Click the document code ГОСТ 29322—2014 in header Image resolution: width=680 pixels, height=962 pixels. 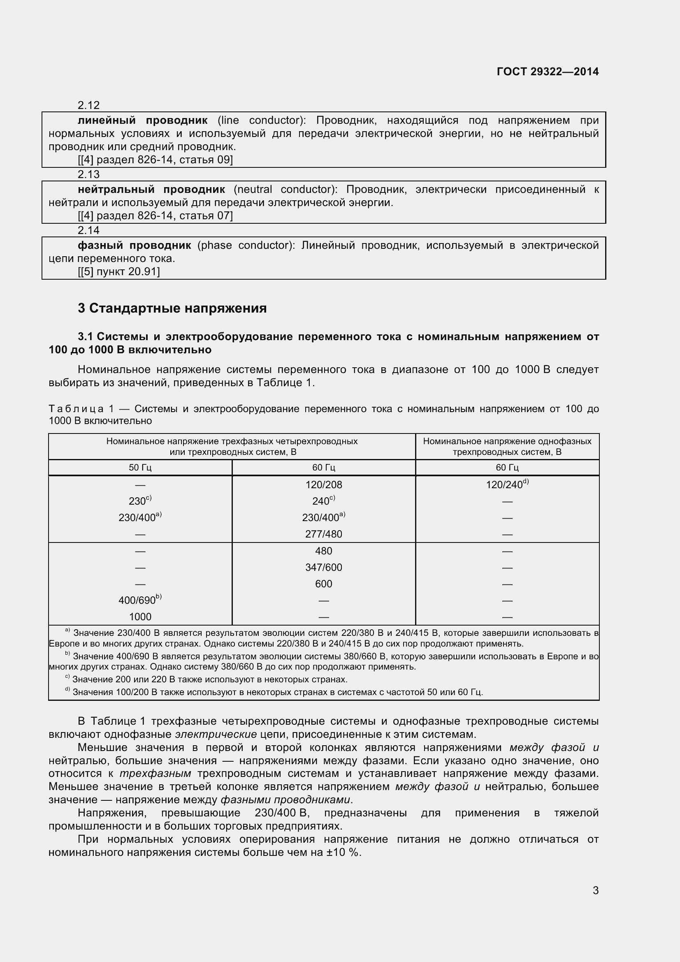pyautogui.click(x=547, y=72)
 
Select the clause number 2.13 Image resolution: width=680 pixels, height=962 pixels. pyautogui.click(x=88, y=174)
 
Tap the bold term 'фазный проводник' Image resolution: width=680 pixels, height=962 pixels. pyautogui.click(x=135, y=245)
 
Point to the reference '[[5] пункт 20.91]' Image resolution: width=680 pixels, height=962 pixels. pyautogui.click(x=119, y=271)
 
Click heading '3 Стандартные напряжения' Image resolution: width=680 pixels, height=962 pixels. pyautogui.click(x=172, y=308)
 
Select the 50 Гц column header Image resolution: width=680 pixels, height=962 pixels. pyautogui.click(x=140, y=468)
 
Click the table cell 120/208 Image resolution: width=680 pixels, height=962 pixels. pyautogui.click(x=323, y=485)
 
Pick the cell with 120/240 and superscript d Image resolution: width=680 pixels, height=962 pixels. pyautogui.click(x=507, y=484)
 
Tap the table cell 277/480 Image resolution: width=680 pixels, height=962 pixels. pyautogui.click(x=323, y=534)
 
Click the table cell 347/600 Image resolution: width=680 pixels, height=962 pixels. pyautogui.click(x=323, y=567)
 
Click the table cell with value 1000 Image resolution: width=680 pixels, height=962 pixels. pyautogui.click(x=140, y=617)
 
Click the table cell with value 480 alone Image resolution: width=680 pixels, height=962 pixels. pyautogui.click(x=323, y=551)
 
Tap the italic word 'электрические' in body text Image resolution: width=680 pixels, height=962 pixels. pyautogui.click(x=216, y=734)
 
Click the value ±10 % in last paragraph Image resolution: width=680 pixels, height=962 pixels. pyautogui.click(x=343, y=853)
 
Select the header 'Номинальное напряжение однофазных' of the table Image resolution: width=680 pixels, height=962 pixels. pyautogui.click(x=507, y=441)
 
